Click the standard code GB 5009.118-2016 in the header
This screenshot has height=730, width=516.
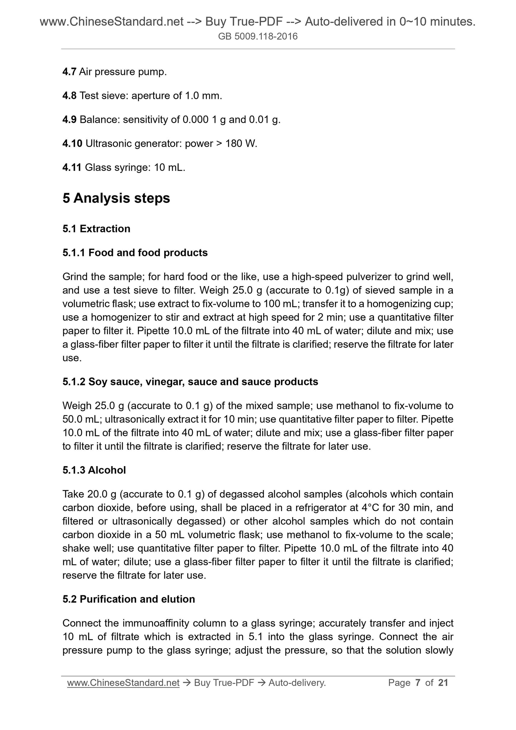258,36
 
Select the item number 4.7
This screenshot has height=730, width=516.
69,72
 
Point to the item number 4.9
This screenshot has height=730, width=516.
69,120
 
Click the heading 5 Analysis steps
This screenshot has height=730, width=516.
116,198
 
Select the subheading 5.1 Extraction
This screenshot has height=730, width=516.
96,229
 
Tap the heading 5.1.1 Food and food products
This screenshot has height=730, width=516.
135,252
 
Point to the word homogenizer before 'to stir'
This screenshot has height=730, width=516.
117,317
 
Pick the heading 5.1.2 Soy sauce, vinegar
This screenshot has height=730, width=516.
190,382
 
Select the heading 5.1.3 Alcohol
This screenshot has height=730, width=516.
94,470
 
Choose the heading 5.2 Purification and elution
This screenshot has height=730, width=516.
129,599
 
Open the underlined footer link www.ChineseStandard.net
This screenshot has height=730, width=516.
123,682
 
